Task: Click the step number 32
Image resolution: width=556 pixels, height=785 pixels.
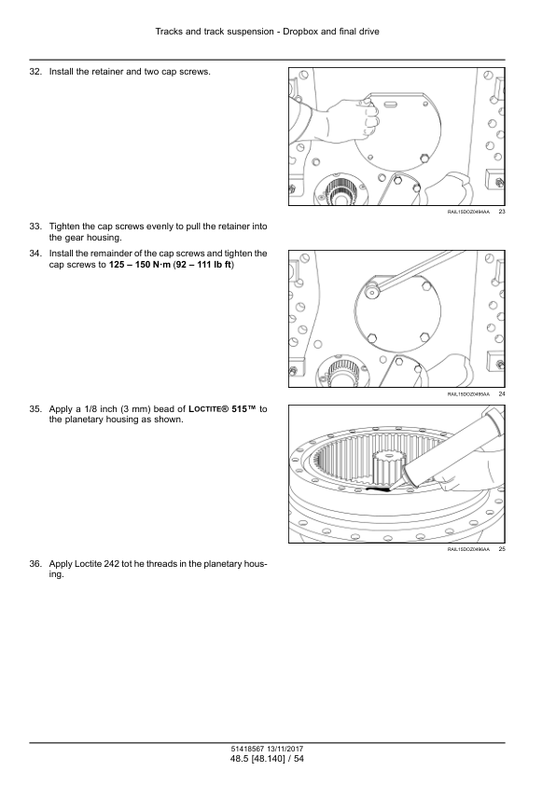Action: coord(35,72)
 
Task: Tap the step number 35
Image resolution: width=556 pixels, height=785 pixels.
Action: coord(35,409)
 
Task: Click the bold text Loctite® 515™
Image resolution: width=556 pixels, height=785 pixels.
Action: coord(225,409)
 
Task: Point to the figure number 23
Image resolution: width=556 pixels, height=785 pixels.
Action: coord(502,212)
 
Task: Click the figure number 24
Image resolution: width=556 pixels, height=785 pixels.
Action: coord(502,394)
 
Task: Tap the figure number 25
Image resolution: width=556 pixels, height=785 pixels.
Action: coord(502,549)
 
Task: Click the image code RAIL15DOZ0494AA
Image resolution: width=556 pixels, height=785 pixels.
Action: coord(468,212)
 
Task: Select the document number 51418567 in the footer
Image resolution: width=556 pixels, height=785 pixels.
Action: coord(245,750)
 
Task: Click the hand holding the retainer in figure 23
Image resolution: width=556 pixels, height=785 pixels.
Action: coord(345,120)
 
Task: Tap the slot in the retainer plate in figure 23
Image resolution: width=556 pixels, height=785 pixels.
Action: coord(391,103)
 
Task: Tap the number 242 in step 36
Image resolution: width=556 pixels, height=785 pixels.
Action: coord(112,564)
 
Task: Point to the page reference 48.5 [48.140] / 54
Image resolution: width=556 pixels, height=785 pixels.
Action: coord(267,759)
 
